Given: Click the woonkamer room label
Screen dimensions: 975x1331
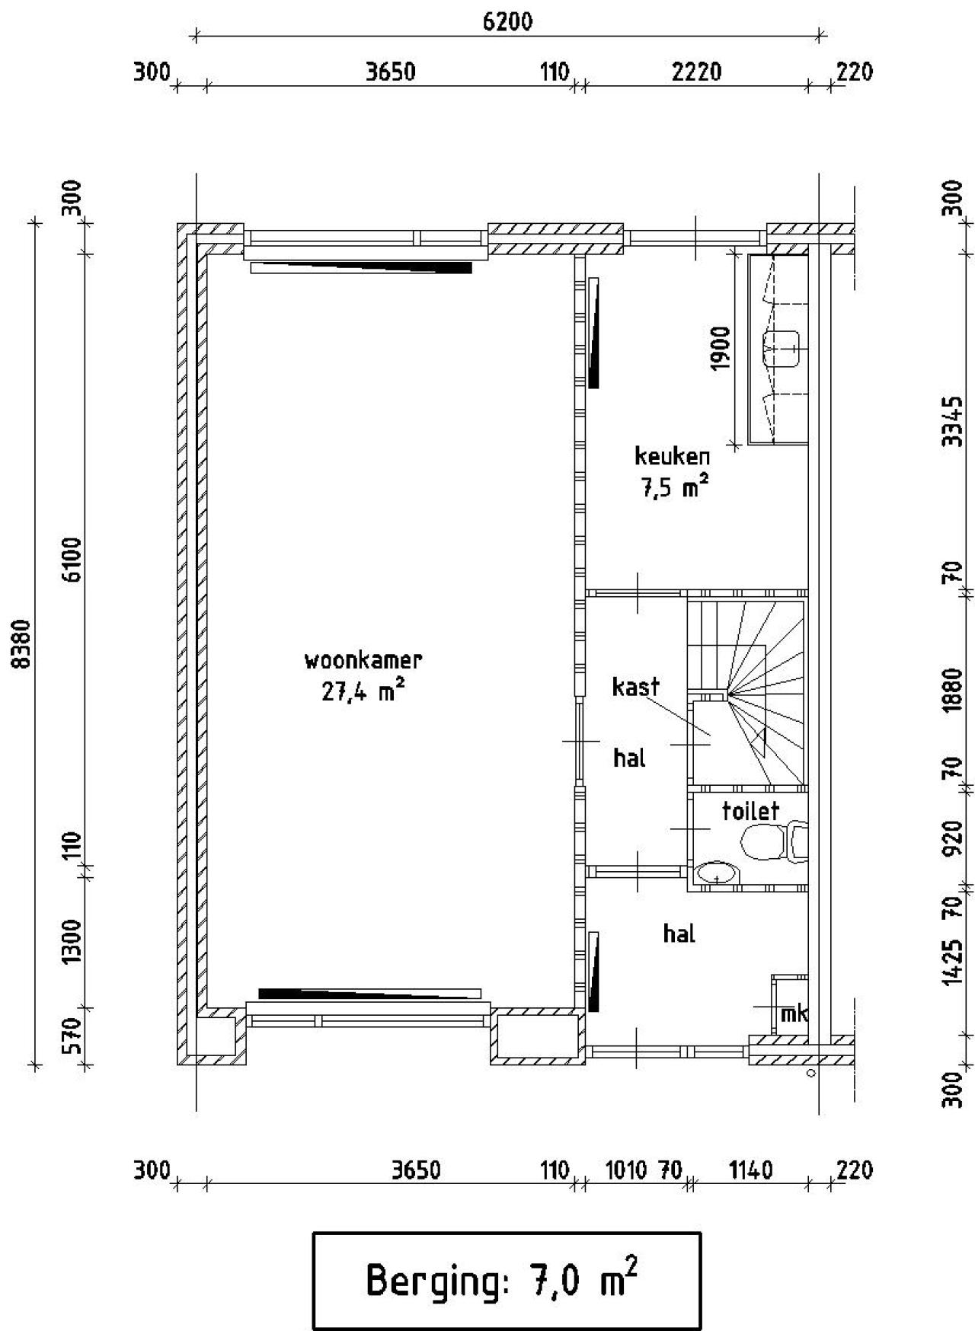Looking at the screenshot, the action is coord(363,659).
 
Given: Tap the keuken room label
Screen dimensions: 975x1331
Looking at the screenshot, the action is coord(672,456).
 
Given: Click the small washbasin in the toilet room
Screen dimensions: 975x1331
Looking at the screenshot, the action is coord(717,874).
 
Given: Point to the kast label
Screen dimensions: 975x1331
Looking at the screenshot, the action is coord(635,686).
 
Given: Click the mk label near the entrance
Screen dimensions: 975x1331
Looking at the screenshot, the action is coord(794,1013).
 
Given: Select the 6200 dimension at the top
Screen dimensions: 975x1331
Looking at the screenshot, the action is coord(508,21).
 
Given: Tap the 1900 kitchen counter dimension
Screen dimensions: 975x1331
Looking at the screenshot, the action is coord(720,348).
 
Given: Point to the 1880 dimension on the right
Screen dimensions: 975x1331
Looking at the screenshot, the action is coord(952,691).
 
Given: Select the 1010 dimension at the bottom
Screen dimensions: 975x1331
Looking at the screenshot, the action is coord(626,1170).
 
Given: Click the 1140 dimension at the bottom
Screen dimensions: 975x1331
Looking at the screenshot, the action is coord(751,1170).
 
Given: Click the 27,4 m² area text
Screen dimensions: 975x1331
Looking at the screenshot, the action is coord(363,691).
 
